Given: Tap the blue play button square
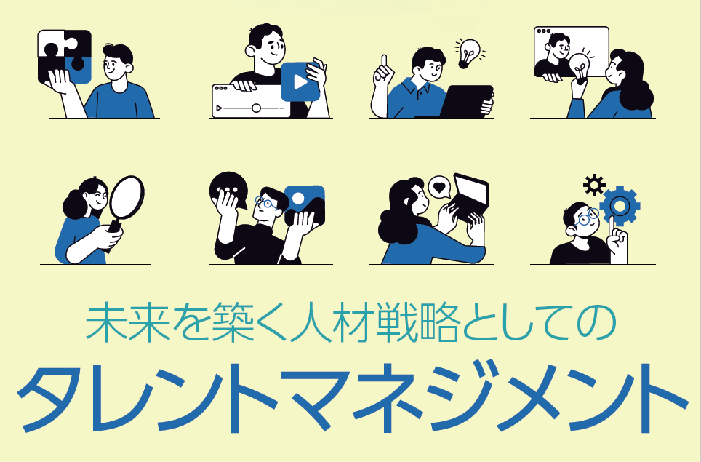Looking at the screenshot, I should [x=300, y=81].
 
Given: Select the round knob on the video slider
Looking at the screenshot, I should [x=256, y=108].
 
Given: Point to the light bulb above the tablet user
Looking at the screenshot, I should [x=468, y=52].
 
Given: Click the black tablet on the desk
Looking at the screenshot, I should [x=466, y=101].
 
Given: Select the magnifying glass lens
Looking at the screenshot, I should [x=124, y=197].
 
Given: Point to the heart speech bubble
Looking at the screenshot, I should [x=438, y=187].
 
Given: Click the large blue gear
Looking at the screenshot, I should [x=620, y=206].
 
